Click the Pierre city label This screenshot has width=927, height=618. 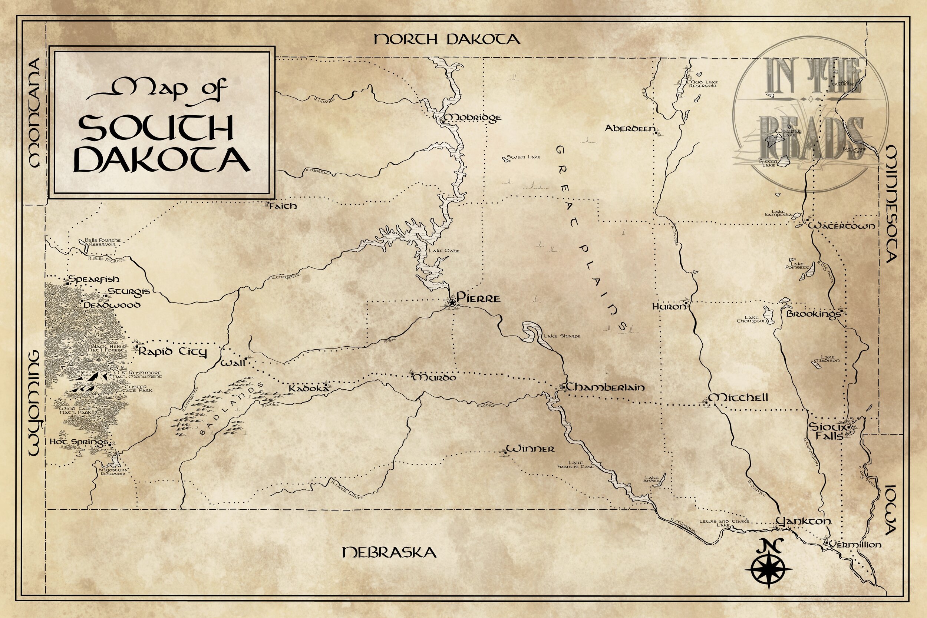point(478,298)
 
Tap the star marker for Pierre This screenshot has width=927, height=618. point(452,303)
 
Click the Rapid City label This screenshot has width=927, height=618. point(172,351)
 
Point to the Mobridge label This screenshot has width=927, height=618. point(472,118)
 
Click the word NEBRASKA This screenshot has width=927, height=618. point(389,552)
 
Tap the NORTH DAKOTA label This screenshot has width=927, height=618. point(446,39)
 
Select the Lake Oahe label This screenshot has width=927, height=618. point(444,251)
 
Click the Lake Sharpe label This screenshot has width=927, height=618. point(562,336)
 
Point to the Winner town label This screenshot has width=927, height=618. point(530,449)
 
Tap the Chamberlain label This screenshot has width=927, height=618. point(606,387)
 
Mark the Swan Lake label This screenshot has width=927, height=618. point(524,157)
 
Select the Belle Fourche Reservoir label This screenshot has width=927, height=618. point(102,242)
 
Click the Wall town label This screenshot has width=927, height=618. point(232,363)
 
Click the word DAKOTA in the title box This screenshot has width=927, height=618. point(162,160)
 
